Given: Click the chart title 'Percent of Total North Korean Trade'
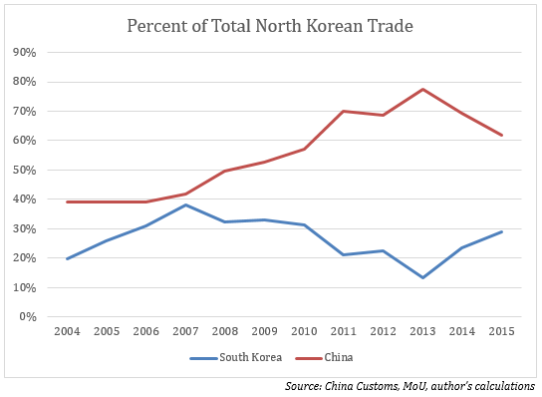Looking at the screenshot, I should tap(271, 25).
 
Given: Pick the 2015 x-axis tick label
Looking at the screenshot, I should tap(500, 333).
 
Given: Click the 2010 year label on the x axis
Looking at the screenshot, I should tap(304, 333).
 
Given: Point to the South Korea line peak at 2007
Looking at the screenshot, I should tap(186, 205).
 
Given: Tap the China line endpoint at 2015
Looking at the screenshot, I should tap(500, 136).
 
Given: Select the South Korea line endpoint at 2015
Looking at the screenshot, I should tap(500, 231).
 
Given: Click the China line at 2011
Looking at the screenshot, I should tap(344, 112).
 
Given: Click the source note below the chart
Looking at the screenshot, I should tap(409, 385).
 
